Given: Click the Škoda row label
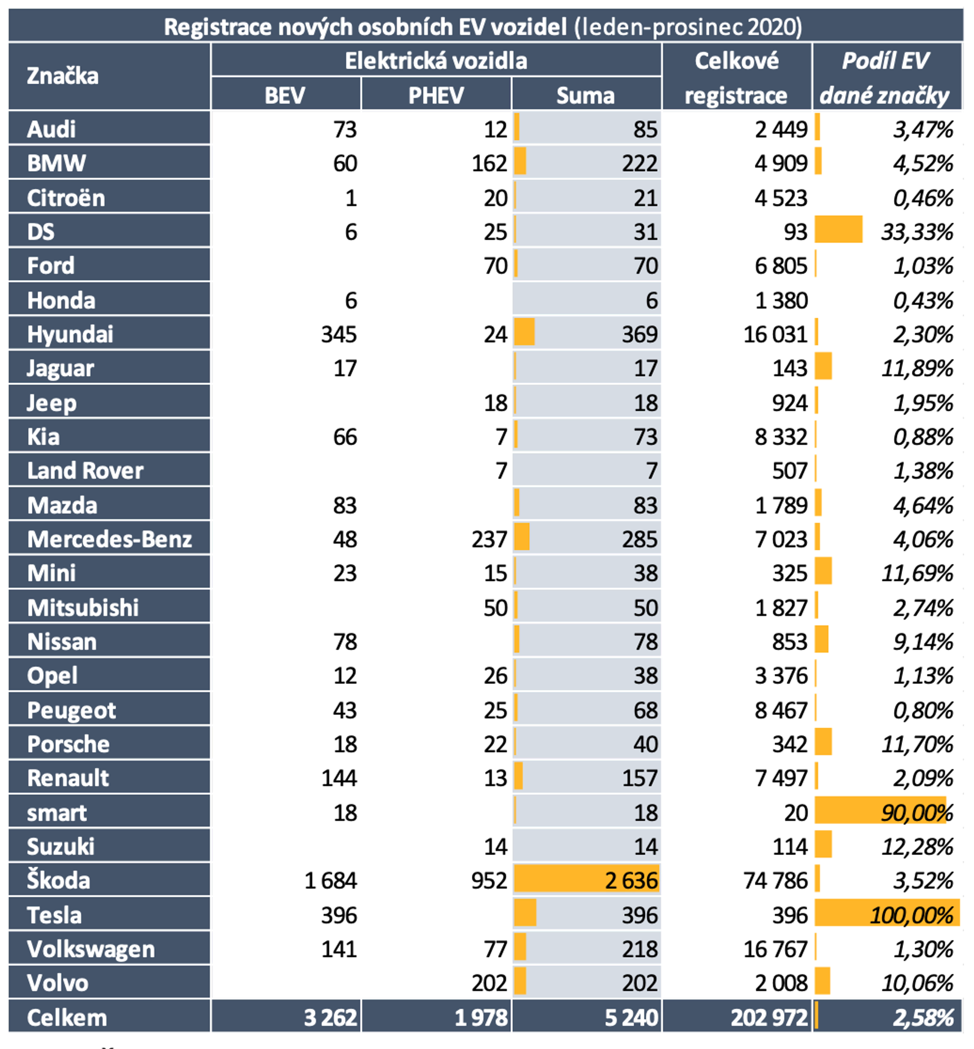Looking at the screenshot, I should click(58, 880).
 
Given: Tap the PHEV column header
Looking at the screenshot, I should click(436, 95).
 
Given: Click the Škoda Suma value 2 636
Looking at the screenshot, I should click(631, 880).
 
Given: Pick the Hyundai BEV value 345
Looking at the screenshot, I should click(339, 334).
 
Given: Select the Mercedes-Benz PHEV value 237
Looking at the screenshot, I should click(489, 539).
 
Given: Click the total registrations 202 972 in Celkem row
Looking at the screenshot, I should click(769, 1017).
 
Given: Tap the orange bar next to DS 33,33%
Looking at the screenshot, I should click(838, 230).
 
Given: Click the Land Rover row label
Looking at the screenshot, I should click(85, 471).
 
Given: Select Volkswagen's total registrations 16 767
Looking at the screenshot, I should click(775, 949).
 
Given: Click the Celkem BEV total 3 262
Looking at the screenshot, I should click(330, 1017).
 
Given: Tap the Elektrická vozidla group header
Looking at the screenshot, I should click(436, 60).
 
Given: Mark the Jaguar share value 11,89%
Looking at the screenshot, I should click(917, 368).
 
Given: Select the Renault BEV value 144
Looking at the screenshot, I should click(339, 778).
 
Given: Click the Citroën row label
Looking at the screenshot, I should click(66, 198).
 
